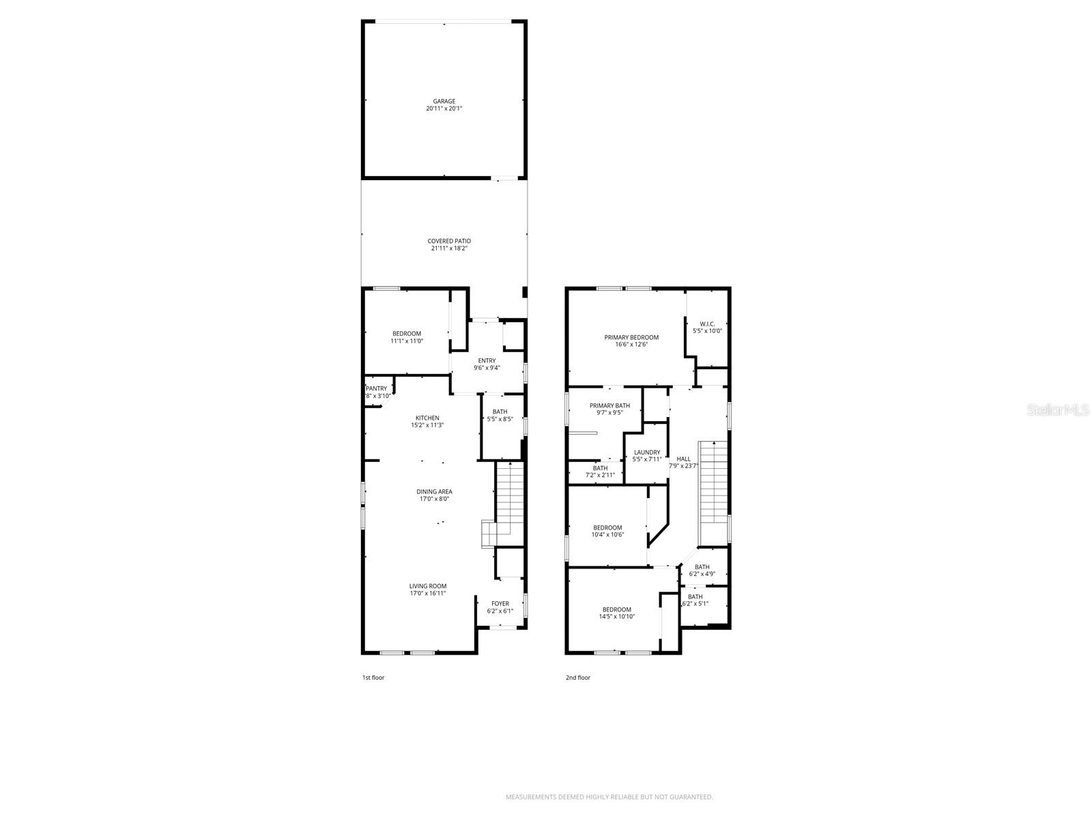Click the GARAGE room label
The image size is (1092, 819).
(x=444, y=101)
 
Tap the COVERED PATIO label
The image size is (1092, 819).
(x=449, y=241)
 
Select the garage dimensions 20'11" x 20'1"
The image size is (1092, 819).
(x=444, y=109)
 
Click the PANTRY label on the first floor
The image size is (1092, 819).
(x=376, y=388)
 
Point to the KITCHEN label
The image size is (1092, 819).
(x=427, y=418)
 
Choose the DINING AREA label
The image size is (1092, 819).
(x=434, y=491)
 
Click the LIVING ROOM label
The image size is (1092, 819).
(x=428, y=586)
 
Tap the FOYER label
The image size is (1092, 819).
(x=500, y=603)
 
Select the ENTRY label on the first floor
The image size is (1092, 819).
(x=487, y=360)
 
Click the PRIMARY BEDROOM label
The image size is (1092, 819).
(x=631, y=337)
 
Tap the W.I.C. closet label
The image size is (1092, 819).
(x=707, y=324)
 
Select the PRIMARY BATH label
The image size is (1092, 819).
(x=609, y=405)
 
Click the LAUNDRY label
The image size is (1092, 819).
(x=647, y=452)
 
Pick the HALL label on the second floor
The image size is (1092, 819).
(x=683, y=459)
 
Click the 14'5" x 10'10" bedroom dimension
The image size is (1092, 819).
(x=616, y=617)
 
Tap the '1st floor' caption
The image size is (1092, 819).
(x=373, y=678)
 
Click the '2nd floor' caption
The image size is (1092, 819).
(x=577, y=678)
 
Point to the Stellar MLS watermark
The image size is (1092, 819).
(x=1058, y=409)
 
